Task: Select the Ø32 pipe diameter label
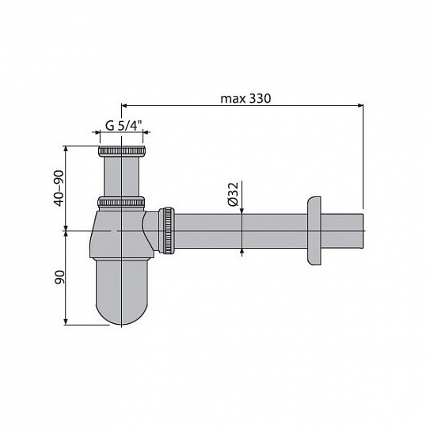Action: point(233,195)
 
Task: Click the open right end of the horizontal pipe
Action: point(361,230)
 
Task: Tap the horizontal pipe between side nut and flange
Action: point(238,230)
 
